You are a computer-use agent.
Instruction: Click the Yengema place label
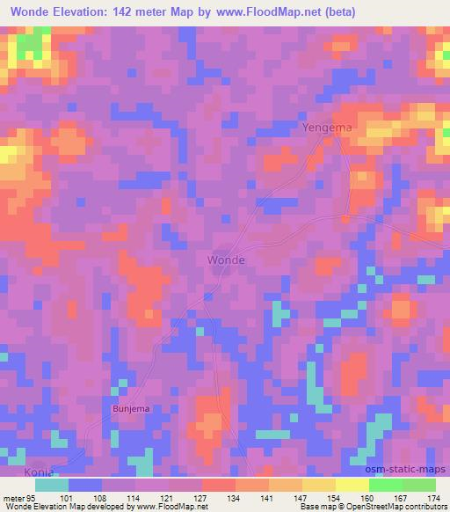click(x=327, y=128)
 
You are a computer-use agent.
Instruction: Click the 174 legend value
click(x=435, y=497)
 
